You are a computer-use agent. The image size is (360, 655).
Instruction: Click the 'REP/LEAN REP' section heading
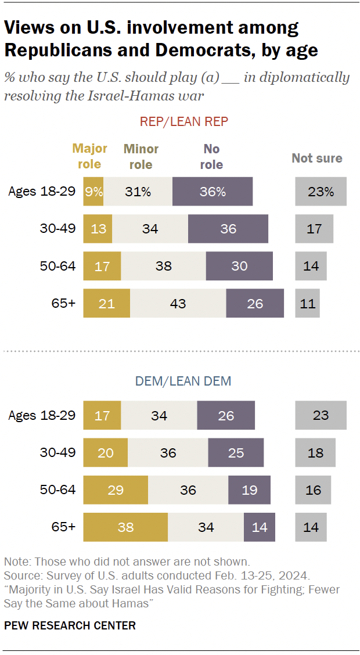click(x=183, y=121)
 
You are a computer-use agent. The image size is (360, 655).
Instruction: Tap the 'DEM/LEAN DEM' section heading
click(x=183, y=381)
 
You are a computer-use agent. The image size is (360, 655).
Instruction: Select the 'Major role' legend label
click(x=89, y=156)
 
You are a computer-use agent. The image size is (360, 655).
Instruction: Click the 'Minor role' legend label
click(x=141, y=157)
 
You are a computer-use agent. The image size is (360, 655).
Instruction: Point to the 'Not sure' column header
click(x=317, y=158)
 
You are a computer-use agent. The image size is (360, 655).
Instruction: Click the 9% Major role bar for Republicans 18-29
click(x=93, y=192)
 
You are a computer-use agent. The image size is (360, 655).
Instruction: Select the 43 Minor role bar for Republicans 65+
click(x=178, y=303)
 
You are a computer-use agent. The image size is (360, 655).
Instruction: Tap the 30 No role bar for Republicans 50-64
click(x=239, y=266)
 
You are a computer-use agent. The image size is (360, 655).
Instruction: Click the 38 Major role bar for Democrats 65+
click(x=125, y=527)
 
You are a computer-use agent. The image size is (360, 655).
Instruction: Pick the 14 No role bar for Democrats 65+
click(x=259, y=527)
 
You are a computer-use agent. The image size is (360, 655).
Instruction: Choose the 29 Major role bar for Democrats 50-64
click(x=116, y=490)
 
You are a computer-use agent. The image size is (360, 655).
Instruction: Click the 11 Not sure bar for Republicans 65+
click(x=307, y=303)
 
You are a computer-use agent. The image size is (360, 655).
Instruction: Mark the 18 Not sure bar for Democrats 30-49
click(x=315, y=452)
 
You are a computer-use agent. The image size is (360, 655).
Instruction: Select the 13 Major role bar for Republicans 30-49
click(x=98, y=229)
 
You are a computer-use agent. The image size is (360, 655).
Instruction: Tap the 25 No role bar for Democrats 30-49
click(x=236, y=452)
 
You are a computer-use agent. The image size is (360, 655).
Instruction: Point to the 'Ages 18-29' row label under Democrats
click(x=42, y=415)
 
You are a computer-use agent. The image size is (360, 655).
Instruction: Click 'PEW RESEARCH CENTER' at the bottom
click(x=70, y=625)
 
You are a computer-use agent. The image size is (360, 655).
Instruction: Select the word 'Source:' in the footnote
click(x=21, y=575)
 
